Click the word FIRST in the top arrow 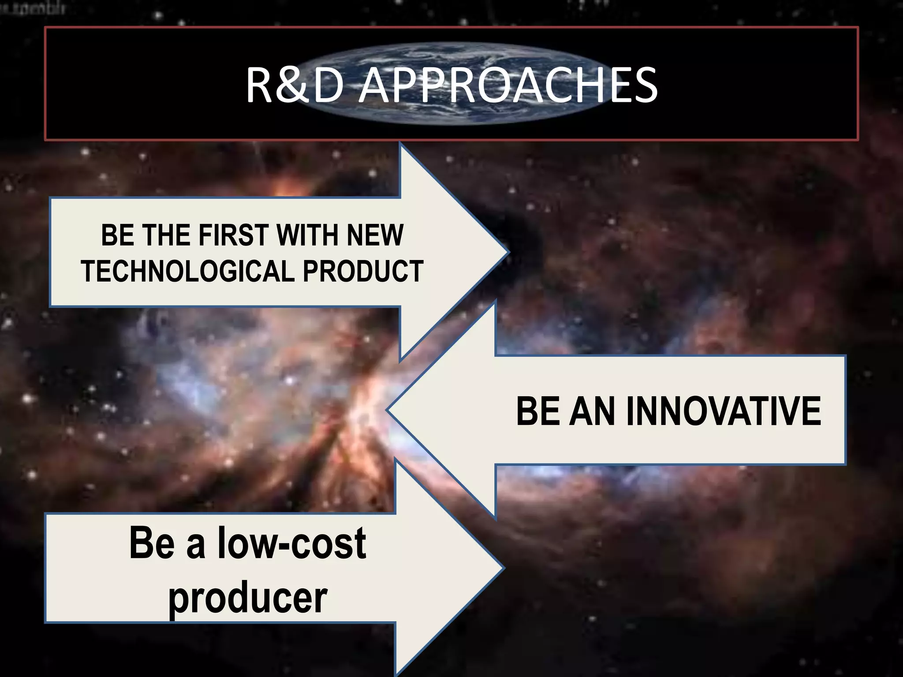[233, 235]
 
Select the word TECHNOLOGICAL [187, 271]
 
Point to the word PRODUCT [363, 271]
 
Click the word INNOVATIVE [723, 411]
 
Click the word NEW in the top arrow [375, 235]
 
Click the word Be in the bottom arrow [152, 543]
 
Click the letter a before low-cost [196, 547]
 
